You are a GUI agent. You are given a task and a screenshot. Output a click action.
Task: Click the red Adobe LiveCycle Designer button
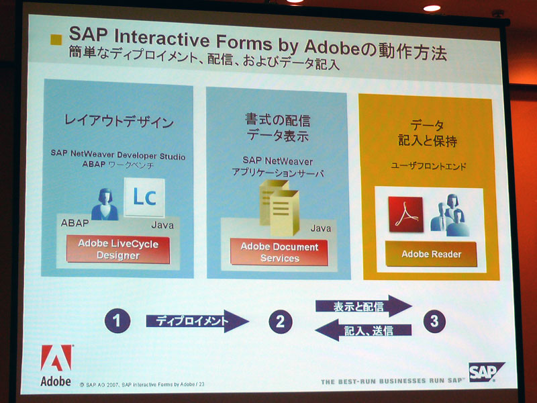tap(118, 249)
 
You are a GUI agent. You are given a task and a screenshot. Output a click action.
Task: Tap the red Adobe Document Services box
tap(279, 253)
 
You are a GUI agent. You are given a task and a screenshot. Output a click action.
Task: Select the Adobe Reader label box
tap(431, 254)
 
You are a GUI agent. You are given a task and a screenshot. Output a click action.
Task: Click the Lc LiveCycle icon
tap(144, 197)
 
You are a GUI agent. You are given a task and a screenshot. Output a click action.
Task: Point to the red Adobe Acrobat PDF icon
tap(406, 214)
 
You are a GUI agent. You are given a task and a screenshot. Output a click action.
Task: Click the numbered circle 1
tap(117, 321)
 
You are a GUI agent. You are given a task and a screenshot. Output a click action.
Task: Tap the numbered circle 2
tap(281, 322)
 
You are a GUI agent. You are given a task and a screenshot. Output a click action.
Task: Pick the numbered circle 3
tap(434, 321)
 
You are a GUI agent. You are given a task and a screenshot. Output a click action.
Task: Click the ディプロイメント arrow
tap(197, 321)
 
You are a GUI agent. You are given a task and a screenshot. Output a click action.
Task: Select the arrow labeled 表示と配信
tap(363, 306)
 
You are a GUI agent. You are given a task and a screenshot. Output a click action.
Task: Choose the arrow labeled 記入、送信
tap(363, 330)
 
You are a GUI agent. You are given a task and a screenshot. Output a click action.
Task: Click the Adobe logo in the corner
tap(56, 365)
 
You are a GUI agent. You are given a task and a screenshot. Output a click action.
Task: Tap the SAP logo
tap(485, 372)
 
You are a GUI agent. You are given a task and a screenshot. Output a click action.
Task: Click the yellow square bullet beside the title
tap(56, 40)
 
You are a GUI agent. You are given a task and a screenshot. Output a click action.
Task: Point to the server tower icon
tap(279, 208)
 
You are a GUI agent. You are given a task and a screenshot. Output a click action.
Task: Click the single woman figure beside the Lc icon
tap(105, 204)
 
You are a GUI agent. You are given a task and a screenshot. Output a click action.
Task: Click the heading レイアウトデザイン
tap(119, 122)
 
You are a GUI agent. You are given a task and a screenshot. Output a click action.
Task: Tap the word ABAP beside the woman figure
tap(75, 223)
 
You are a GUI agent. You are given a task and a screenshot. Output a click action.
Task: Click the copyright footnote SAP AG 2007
tap(142, 384)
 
